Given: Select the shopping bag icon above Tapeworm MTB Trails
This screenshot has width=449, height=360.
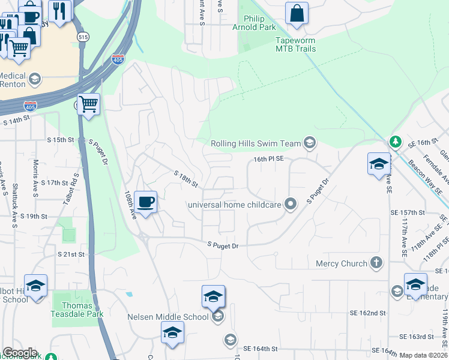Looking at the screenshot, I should coord(297,13).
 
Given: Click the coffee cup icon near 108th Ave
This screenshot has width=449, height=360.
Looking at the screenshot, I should coord(145,202).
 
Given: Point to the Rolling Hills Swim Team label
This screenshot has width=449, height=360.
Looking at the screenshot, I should coord(256,143).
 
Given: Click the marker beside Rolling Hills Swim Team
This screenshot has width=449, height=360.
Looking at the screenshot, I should coord(310,142).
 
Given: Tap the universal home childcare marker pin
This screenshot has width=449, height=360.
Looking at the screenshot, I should coord(291,205).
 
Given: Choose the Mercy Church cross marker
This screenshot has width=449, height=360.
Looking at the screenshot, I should coord(376,263).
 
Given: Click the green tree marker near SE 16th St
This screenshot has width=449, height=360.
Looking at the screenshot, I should coord(395,142).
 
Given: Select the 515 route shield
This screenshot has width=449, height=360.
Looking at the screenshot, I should coord(83,37).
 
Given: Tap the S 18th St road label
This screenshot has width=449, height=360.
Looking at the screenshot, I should coord(186,179).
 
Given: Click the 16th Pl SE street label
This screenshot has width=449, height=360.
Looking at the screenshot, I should coord(268,159).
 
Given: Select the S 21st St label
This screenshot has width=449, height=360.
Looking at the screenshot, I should coord(71,254).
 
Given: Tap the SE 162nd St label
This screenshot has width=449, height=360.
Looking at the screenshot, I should coord(367,313).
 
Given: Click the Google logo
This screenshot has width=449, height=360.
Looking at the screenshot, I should coord(20,353).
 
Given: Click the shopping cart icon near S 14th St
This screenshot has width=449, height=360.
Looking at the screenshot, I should coord(89,105).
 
